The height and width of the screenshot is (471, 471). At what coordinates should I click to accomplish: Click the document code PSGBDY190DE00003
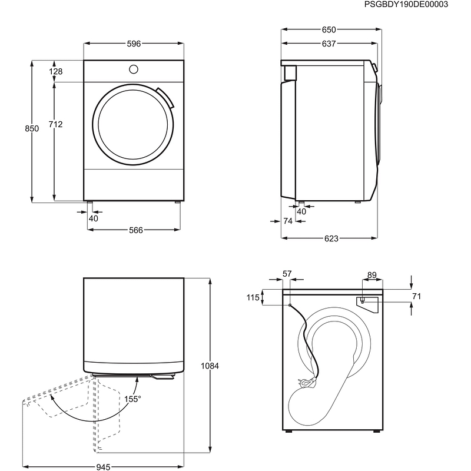click(406, 4)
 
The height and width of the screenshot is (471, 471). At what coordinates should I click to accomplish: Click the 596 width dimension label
click(134, 44)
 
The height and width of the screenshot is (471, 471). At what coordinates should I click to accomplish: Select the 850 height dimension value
click(32, 128)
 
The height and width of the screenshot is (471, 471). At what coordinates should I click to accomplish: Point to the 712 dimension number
click(55, 124)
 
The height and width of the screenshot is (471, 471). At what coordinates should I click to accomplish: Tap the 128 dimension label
click(55, 71)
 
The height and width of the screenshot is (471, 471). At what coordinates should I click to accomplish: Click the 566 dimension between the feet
click(136, 230)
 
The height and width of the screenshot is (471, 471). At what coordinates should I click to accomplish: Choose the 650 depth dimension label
click(329, 30)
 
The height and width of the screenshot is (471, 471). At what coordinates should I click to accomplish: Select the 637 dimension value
click(329, 44)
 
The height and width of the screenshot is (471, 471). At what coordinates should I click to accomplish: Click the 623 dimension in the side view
click(331, 238)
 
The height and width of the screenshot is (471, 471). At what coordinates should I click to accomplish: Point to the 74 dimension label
click(288, 221)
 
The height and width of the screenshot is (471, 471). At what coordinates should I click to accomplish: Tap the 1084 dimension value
click(210, 366)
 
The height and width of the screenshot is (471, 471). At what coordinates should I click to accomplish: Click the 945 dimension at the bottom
click(103, 467)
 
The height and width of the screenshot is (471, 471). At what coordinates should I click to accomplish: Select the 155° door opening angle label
click(132, 399)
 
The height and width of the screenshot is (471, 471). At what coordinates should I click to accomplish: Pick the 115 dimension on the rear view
click(253, 297)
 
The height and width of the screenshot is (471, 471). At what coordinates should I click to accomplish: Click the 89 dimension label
click(372, 275)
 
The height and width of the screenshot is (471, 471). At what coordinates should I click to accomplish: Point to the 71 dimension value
click(417, 297)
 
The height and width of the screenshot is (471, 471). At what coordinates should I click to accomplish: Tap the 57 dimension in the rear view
click(287, 274)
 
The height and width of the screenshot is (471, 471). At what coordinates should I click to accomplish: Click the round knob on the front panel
click(134, 69)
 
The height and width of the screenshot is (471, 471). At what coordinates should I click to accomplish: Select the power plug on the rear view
click(306, 383)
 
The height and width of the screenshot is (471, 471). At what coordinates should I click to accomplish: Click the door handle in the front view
click(165, 98)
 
